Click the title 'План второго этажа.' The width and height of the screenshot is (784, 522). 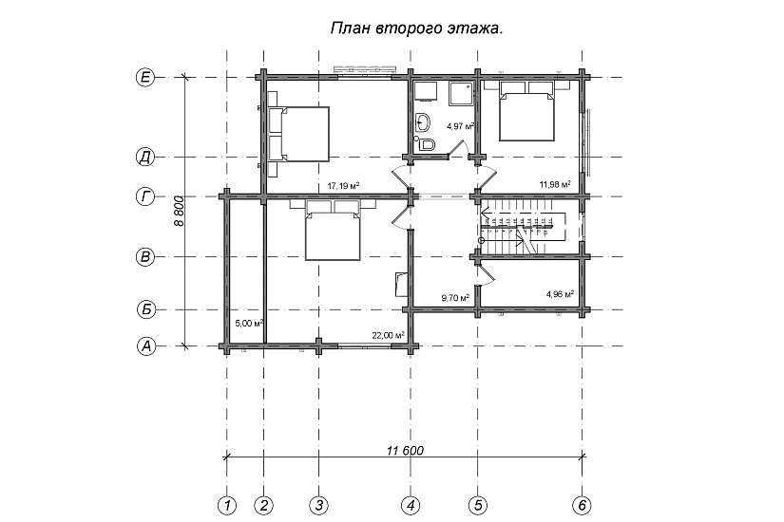[x=416, y=28]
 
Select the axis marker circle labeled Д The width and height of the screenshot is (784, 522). [x=145, y=157]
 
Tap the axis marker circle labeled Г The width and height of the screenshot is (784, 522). [x=145, y=197]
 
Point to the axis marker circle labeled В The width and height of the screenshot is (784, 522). [x=145, y=256]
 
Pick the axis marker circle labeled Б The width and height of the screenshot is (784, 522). [x=145, y=309]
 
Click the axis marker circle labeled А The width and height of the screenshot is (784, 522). [x=145, y=346]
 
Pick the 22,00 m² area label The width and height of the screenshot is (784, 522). [x=389, y=334]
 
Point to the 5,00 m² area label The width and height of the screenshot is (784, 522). [x=248, y=323]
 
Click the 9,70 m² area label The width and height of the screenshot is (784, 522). [x=455, y=298]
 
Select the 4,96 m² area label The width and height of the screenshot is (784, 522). [x=560, y=294]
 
